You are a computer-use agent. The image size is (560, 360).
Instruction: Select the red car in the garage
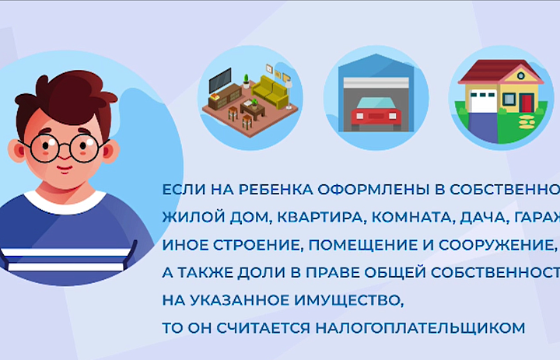376,114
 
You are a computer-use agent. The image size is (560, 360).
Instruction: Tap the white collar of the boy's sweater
62,204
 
